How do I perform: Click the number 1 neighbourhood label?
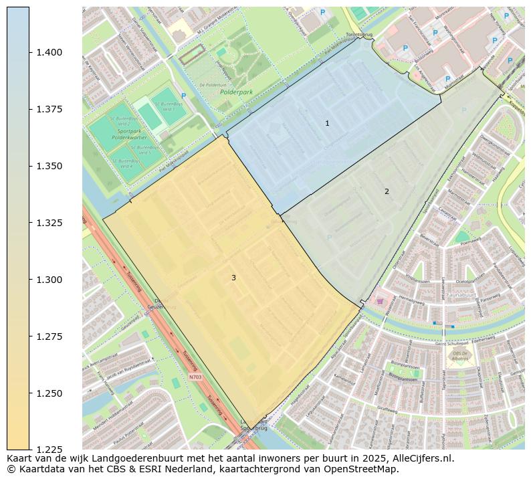327,123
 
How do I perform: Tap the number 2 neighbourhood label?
387,191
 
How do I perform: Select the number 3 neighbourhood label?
233,278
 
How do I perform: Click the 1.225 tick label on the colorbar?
49,450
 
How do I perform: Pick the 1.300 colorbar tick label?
49,280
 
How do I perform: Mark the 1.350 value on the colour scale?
49,166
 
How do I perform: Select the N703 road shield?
195,377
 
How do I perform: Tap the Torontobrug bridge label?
358,34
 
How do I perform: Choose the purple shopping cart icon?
380,302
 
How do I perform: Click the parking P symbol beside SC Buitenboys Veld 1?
183,96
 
